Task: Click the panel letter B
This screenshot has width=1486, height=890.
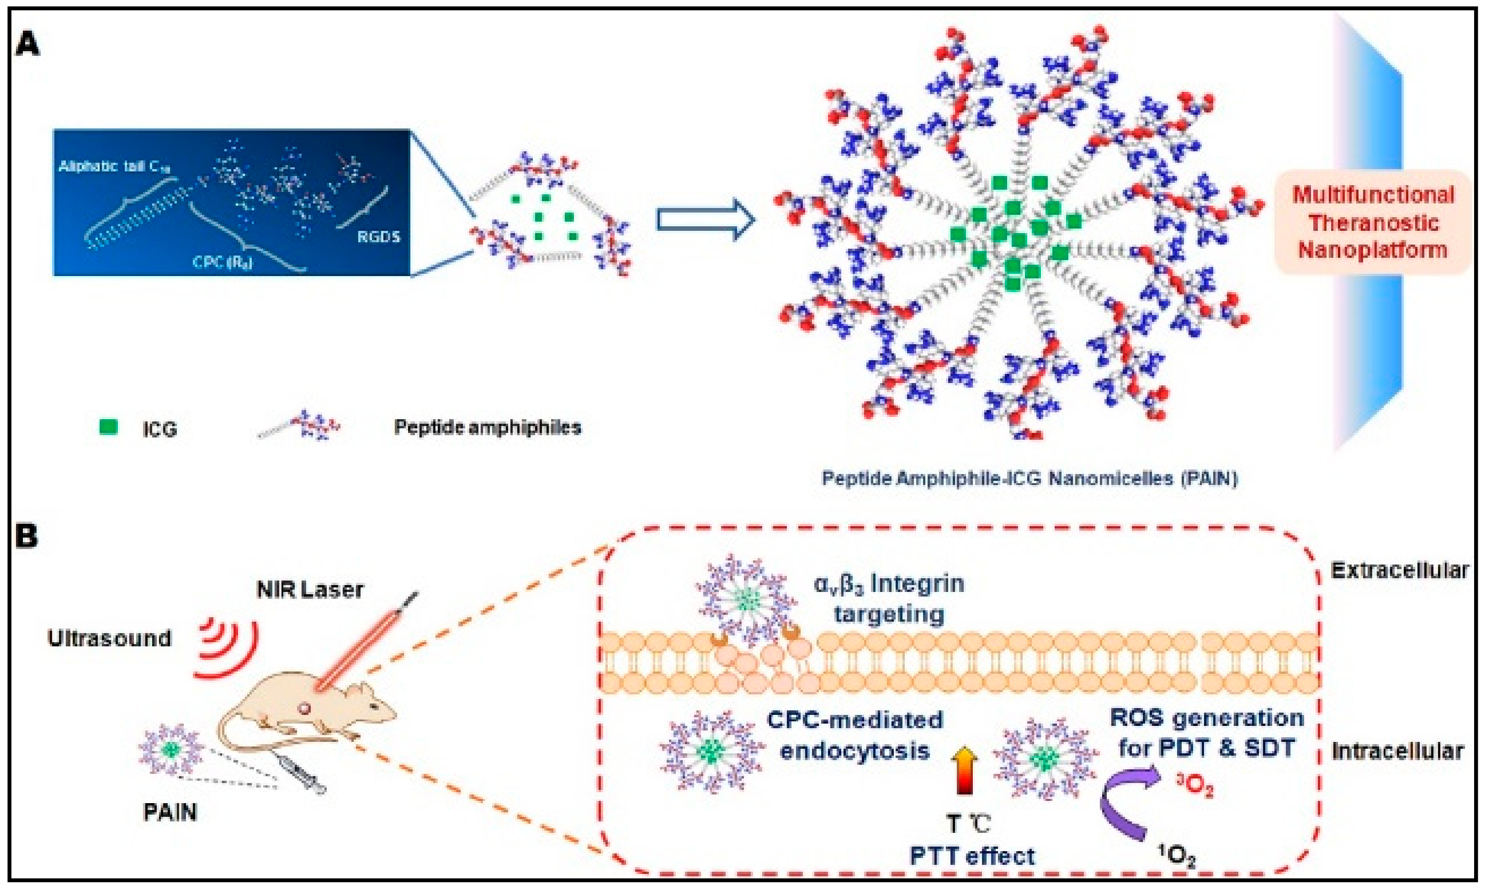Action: (27, 536)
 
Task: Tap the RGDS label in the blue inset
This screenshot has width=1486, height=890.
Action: (378, 236)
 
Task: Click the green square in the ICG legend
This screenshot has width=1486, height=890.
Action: (108, 427)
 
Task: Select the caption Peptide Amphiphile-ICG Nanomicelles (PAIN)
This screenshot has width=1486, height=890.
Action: (1029, 479)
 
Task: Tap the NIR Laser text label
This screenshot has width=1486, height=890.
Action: (310, 590)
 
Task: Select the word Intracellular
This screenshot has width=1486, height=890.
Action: (1397, 751)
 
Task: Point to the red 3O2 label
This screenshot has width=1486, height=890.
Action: (1194, 786)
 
